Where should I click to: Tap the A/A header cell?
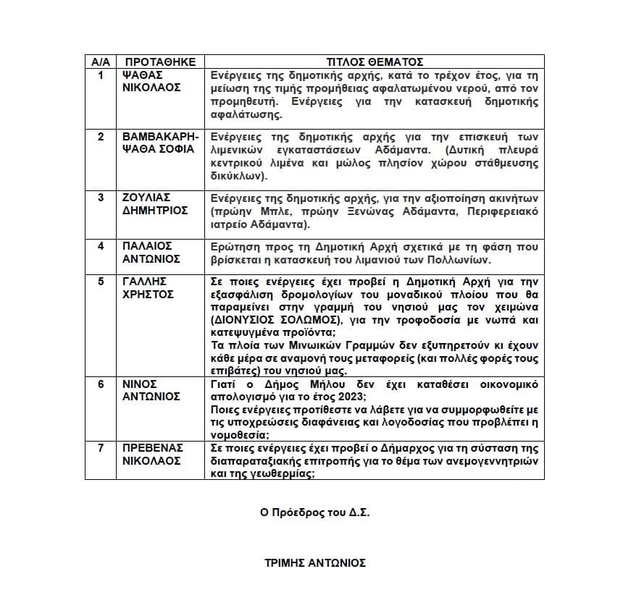pyautogui.click(x=100, y=62)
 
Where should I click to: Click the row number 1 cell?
pyautogui.click(x=101, y=75)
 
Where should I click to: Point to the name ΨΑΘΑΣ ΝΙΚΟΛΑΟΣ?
pyautogui.click(x=151, y=81)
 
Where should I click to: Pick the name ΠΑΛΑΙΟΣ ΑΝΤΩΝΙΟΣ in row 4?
pyautogui.click(x=151, y=252)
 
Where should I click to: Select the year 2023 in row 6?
pyautogui.click(x=347, y=397)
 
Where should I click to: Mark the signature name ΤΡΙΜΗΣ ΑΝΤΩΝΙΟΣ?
pyautogui.click(x=315, y=562)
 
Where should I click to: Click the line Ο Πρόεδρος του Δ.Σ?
pyautogui.click(x=315, y=512)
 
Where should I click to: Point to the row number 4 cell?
pyautogui.click(x=101, y=246)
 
